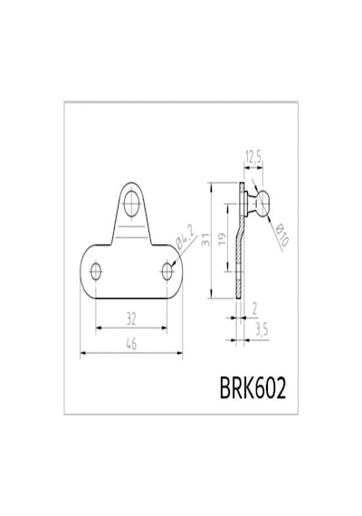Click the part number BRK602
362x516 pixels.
click(252, 387)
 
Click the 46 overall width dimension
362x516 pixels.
click(131, 344)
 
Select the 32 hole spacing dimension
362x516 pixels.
click(131, 319)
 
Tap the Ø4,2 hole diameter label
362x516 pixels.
click(186, 236)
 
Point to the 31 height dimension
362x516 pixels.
click(205, 240)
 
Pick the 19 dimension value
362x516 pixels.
click(222, 239)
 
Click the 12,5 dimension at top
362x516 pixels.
click(253, 158)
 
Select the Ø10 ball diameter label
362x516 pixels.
click(281, 235)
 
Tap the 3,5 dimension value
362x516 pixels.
click(262, 330)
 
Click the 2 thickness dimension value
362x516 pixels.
click(254, 309)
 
